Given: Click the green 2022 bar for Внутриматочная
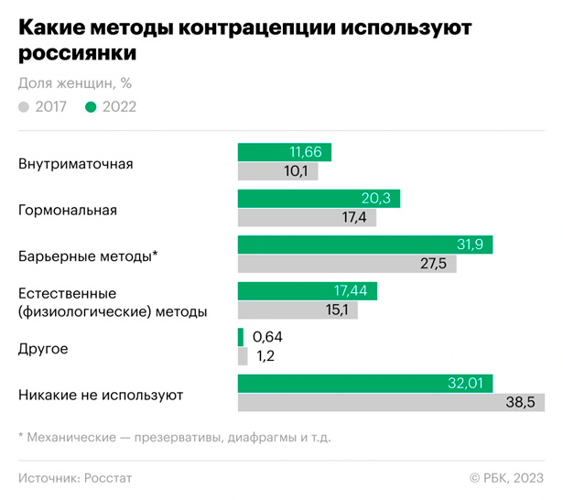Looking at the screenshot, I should click(x=284, y=153).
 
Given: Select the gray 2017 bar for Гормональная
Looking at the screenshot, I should click(x=307, y=217).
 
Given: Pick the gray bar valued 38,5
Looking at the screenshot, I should click(x=391, y=402).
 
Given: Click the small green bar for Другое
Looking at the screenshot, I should click(x=241, y=337).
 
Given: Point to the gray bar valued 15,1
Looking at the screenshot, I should click(x=298, y=310).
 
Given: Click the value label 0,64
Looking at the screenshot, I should click(x=267, y=337).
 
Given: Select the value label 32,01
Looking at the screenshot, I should click(x=468, y=384).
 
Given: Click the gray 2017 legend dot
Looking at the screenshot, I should click(x=24, y=107).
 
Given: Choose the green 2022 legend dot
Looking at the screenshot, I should click(x=91, y=107).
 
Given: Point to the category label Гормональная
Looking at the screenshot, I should click(x=68, y=211).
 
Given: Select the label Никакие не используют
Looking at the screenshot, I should click(x=101, y=396).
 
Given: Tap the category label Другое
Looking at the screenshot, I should click(x=43, y=349).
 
